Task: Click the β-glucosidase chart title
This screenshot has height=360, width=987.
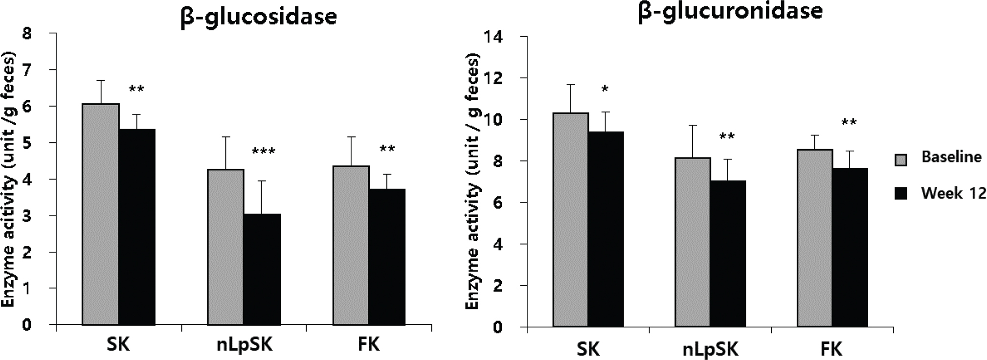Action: click(259, 16)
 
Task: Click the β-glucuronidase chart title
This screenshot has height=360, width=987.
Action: click(730, 11)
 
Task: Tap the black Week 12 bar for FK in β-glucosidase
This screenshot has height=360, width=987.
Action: click(387, 257)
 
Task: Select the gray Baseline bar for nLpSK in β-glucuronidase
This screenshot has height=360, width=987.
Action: click(693, 242)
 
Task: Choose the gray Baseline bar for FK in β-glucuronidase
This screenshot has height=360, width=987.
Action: click(815, 238)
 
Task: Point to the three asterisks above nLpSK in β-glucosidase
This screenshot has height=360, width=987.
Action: click(263, 152)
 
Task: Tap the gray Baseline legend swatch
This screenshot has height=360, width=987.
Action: click(900, 159)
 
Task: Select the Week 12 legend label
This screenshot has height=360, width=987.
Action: click(954, 193)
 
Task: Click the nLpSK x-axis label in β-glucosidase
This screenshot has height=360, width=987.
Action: click(244, 345)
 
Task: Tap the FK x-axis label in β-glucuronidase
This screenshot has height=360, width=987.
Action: click(831, 349)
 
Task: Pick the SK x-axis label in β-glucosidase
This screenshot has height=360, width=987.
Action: click(118, 345)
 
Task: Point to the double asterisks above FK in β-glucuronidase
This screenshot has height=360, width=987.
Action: click(849, 122)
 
